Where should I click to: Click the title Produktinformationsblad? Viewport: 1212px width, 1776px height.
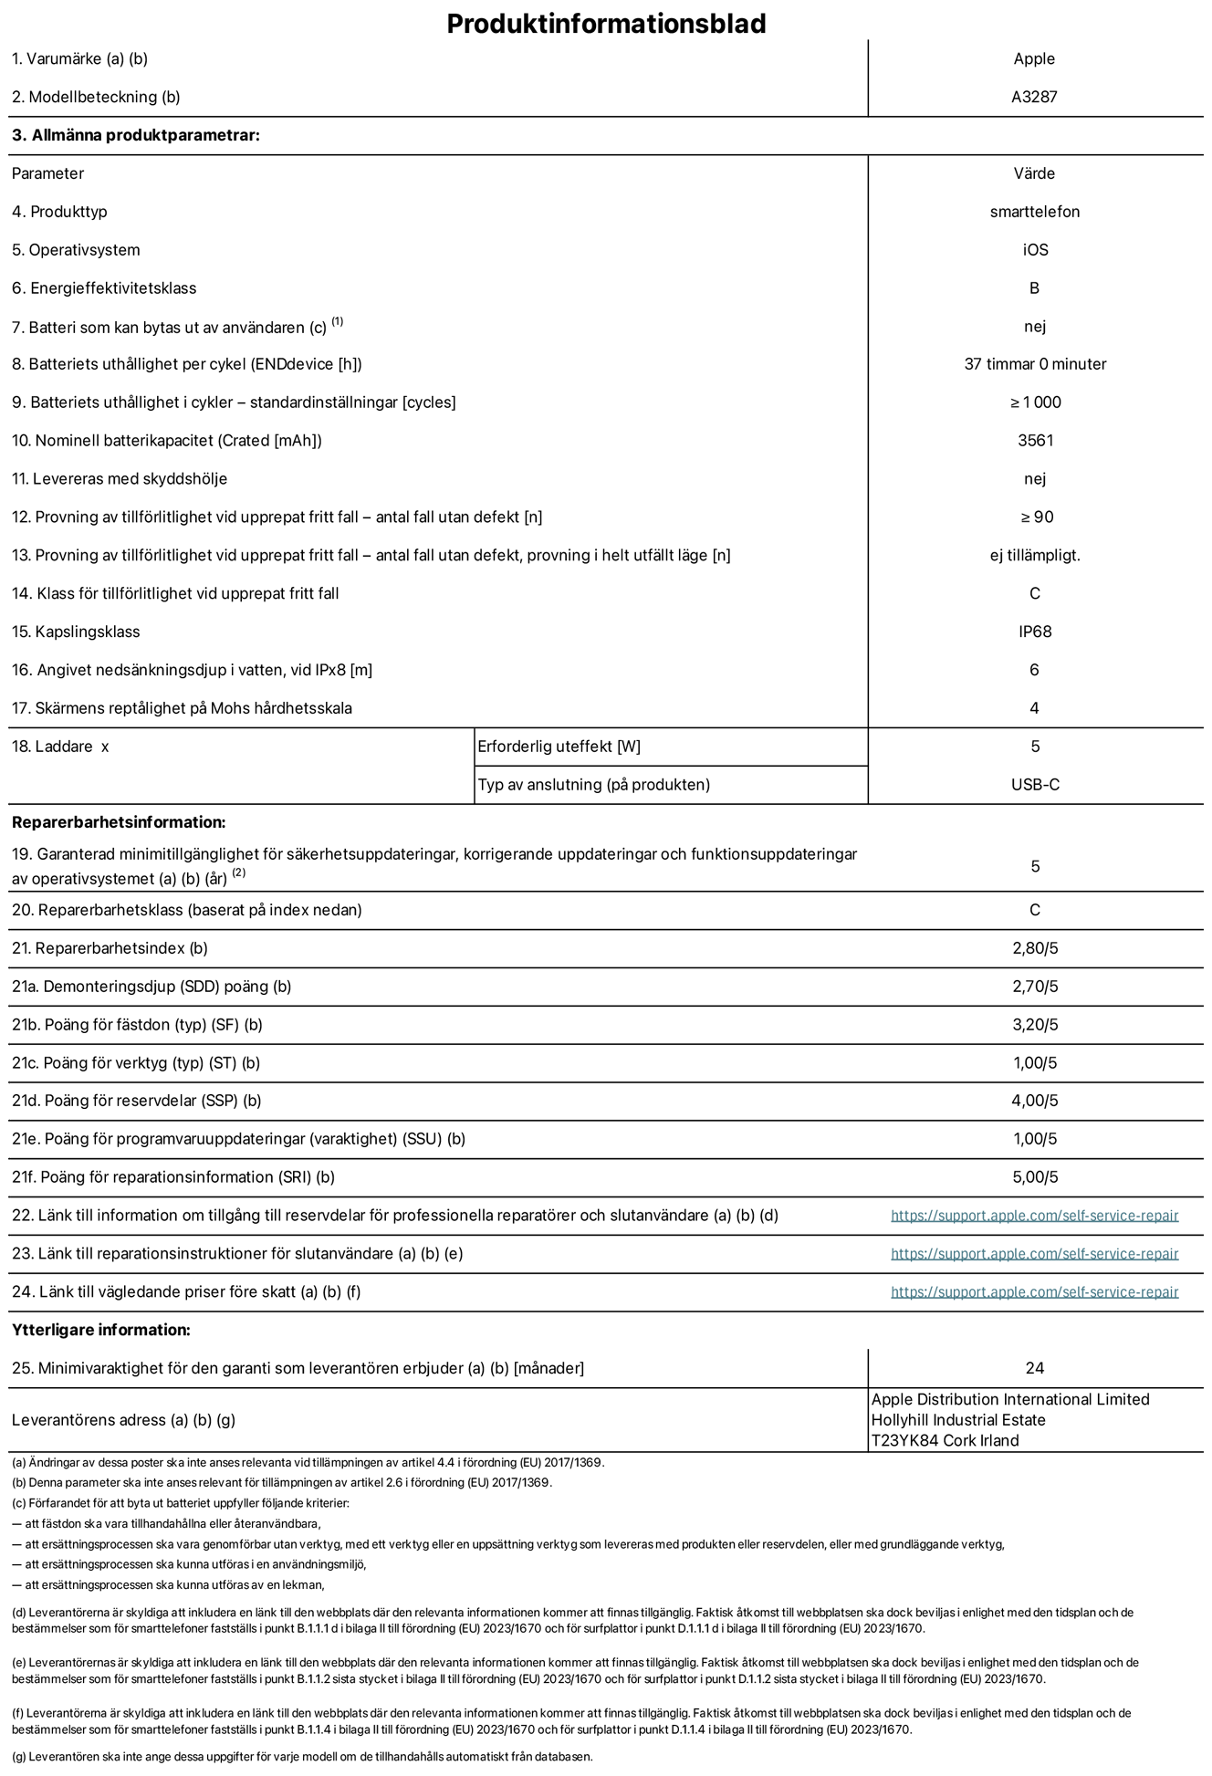click(606, 24)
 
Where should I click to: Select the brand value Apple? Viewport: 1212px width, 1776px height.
click(1034, 58)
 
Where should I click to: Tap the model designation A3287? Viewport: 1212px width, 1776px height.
click(1034, 97)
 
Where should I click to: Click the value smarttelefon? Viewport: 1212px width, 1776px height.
click(1034, 212)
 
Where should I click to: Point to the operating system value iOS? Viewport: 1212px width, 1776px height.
click(1035, 250)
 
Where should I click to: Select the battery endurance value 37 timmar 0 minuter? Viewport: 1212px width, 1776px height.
click(1035, 364)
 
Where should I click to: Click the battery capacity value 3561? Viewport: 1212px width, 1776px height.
click(1035, 441)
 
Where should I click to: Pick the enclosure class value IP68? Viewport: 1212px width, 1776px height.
click(1035, 632)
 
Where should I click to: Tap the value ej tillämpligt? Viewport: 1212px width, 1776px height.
click(1035, 555)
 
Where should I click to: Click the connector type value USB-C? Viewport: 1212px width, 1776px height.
click(1035, 785)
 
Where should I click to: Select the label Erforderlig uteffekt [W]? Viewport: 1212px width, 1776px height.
click(559, 747)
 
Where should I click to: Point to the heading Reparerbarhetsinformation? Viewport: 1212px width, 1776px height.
click(119, 822)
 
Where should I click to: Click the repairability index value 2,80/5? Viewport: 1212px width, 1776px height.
click(1035, 948)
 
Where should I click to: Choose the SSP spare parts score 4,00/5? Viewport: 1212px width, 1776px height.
click(1035, 1101)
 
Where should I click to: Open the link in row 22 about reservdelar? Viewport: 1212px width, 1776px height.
click(1034, 1216)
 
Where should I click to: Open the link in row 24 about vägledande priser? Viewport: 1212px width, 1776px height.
click(1034, 1292)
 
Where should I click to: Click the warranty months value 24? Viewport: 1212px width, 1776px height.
click(1034, 1368)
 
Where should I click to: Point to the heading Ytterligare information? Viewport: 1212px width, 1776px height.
click(101, 1330)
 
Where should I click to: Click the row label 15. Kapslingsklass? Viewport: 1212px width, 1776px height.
click(76, 632)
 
